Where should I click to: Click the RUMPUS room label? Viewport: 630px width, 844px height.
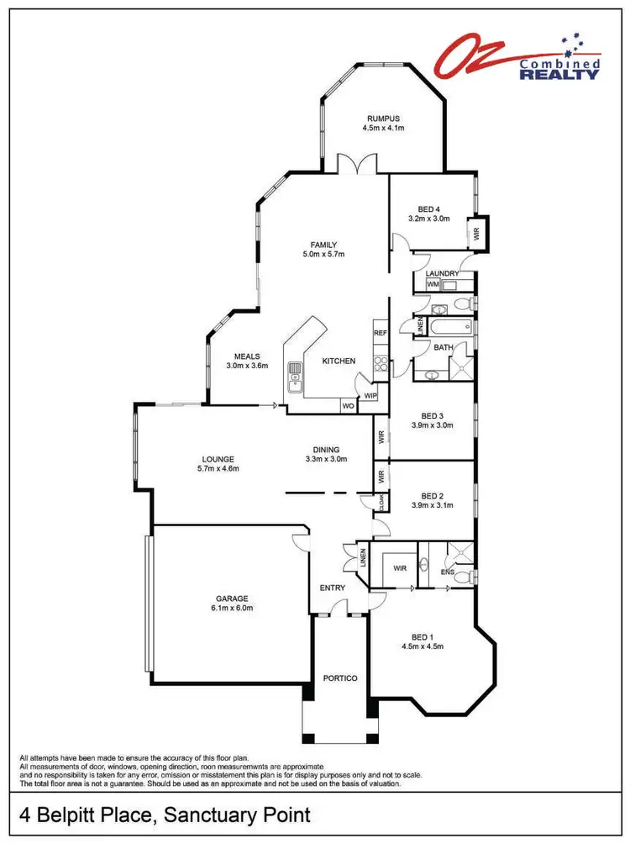point(383,119)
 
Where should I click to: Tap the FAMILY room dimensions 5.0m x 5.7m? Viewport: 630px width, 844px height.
point(323,254)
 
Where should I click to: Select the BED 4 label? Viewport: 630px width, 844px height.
point(429,209)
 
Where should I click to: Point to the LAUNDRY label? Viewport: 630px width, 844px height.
point(442,273)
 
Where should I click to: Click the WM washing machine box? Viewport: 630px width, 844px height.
point(433,285)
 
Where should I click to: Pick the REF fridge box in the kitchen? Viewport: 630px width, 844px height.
point(380,333)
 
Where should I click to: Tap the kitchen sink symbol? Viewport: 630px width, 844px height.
point(295,375)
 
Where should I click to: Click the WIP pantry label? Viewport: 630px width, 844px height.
point(370,394)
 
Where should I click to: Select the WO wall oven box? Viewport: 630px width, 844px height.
point(347,406)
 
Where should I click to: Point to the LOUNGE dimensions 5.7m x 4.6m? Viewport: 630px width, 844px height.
point(218,468)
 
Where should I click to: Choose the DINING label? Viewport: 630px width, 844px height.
point(324,450)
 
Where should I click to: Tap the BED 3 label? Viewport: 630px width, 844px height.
point(432,415)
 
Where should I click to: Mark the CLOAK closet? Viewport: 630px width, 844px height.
point(381,502)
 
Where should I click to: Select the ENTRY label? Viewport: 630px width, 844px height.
point(333,588)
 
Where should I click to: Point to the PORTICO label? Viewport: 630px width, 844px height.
point(340,678)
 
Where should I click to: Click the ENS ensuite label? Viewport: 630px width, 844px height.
point(448,573)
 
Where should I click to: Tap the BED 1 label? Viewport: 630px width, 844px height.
point(423,636)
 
